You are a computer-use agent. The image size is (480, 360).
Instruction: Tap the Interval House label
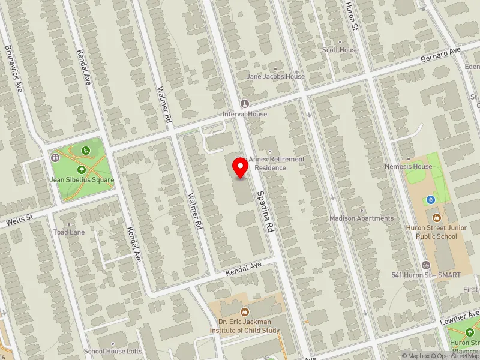(x=244, y=114)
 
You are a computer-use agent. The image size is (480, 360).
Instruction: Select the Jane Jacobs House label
(x=276, y=77)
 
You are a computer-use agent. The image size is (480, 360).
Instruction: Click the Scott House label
(x=340, y=50)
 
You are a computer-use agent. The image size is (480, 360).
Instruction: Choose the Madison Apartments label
(x=361, y=218)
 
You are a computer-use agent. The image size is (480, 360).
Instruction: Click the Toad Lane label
(x=69, y=232)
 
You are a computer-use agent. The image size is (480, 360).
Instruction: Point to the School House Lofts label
(x=113, y=351)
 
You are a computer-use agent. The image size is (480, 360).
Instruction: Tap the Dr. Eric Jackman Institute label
(x=244, y=326)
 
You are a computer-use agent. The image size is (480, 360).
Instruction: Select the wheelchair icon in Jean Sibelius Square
(x=86, y=150)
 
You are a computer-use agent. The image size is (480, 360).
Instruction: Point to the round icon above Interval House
(x=244, y=104)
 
